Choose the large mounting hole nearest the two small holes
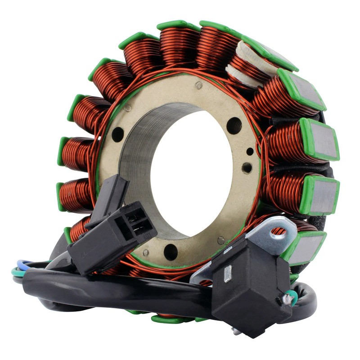click(x=234, y=126)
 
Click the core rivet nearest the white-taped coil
click(x=198, y=85)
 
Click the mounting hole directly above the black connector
click(x=117, y=134)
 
